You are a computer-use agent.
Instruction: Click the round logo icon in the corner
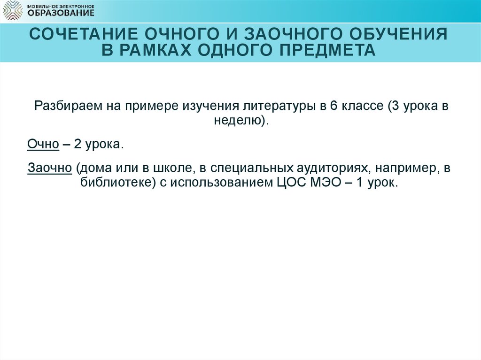point(13,10)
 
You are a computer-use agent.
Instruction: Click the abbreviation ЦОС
point(286,183)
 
